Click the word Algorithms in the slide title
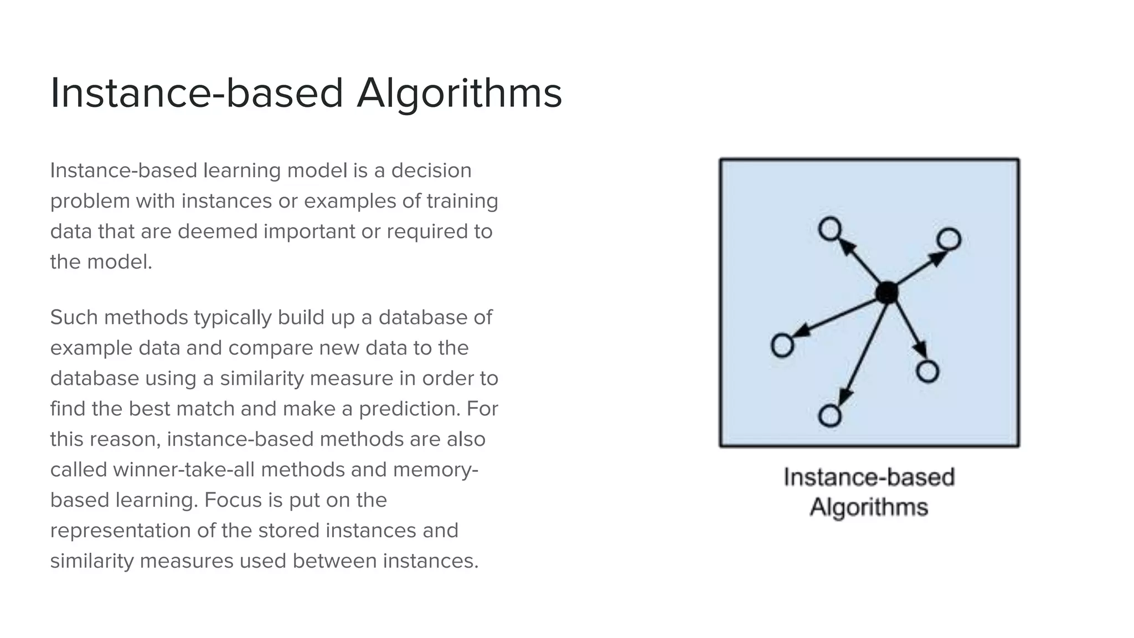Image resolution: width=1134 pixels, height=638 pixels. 459,93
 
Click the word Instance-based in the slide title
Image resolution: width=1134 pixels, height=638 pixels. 197,93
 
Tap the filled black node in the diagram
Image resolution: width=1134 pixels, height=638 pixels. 887,292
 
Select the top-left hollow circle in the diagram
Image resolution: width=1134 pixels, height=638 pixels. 830,229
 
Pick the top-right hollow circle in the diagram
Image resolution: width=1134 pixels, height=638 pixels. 949,239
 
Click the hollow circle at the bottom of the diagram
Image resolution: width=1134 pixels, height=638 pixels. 829,415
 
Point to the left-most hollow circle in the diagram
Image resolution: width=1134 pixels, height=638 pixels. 782,346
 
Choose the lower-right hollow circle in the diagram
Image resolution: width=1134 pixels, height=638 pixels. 927,371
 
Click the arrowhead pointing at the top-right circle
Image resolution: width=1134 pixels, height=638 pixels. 937,258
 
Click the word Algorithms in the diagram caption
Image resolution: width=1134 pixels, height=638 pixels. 869,507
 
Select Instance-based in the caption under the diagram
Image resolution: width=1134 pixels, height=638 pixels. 869,477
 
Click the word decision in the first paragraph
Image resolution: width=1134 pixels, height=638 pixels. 431,171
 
